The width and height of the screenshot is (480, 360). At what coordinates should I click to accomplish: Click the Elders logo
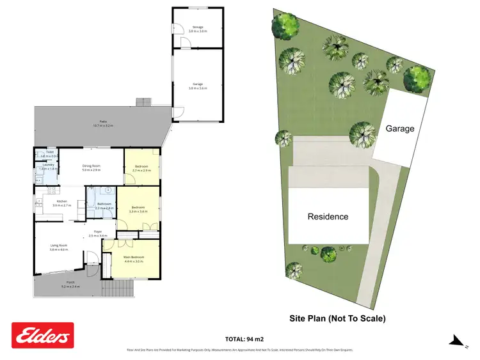[x=43, y=335]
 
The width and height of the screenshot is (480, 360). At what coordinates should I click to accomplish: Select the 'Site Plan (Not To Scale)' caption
[x=337, y=318]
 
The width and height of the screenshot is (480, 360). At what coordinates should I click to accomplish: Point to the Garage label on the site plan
[x=399, y=129]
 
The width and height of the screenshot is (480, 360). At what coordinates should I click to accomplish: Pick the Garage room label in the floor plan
[x=198, y=86]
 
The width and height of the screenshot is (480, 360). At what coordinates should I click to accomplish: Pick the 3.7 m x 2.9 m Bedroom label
[x=141, y=168]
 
